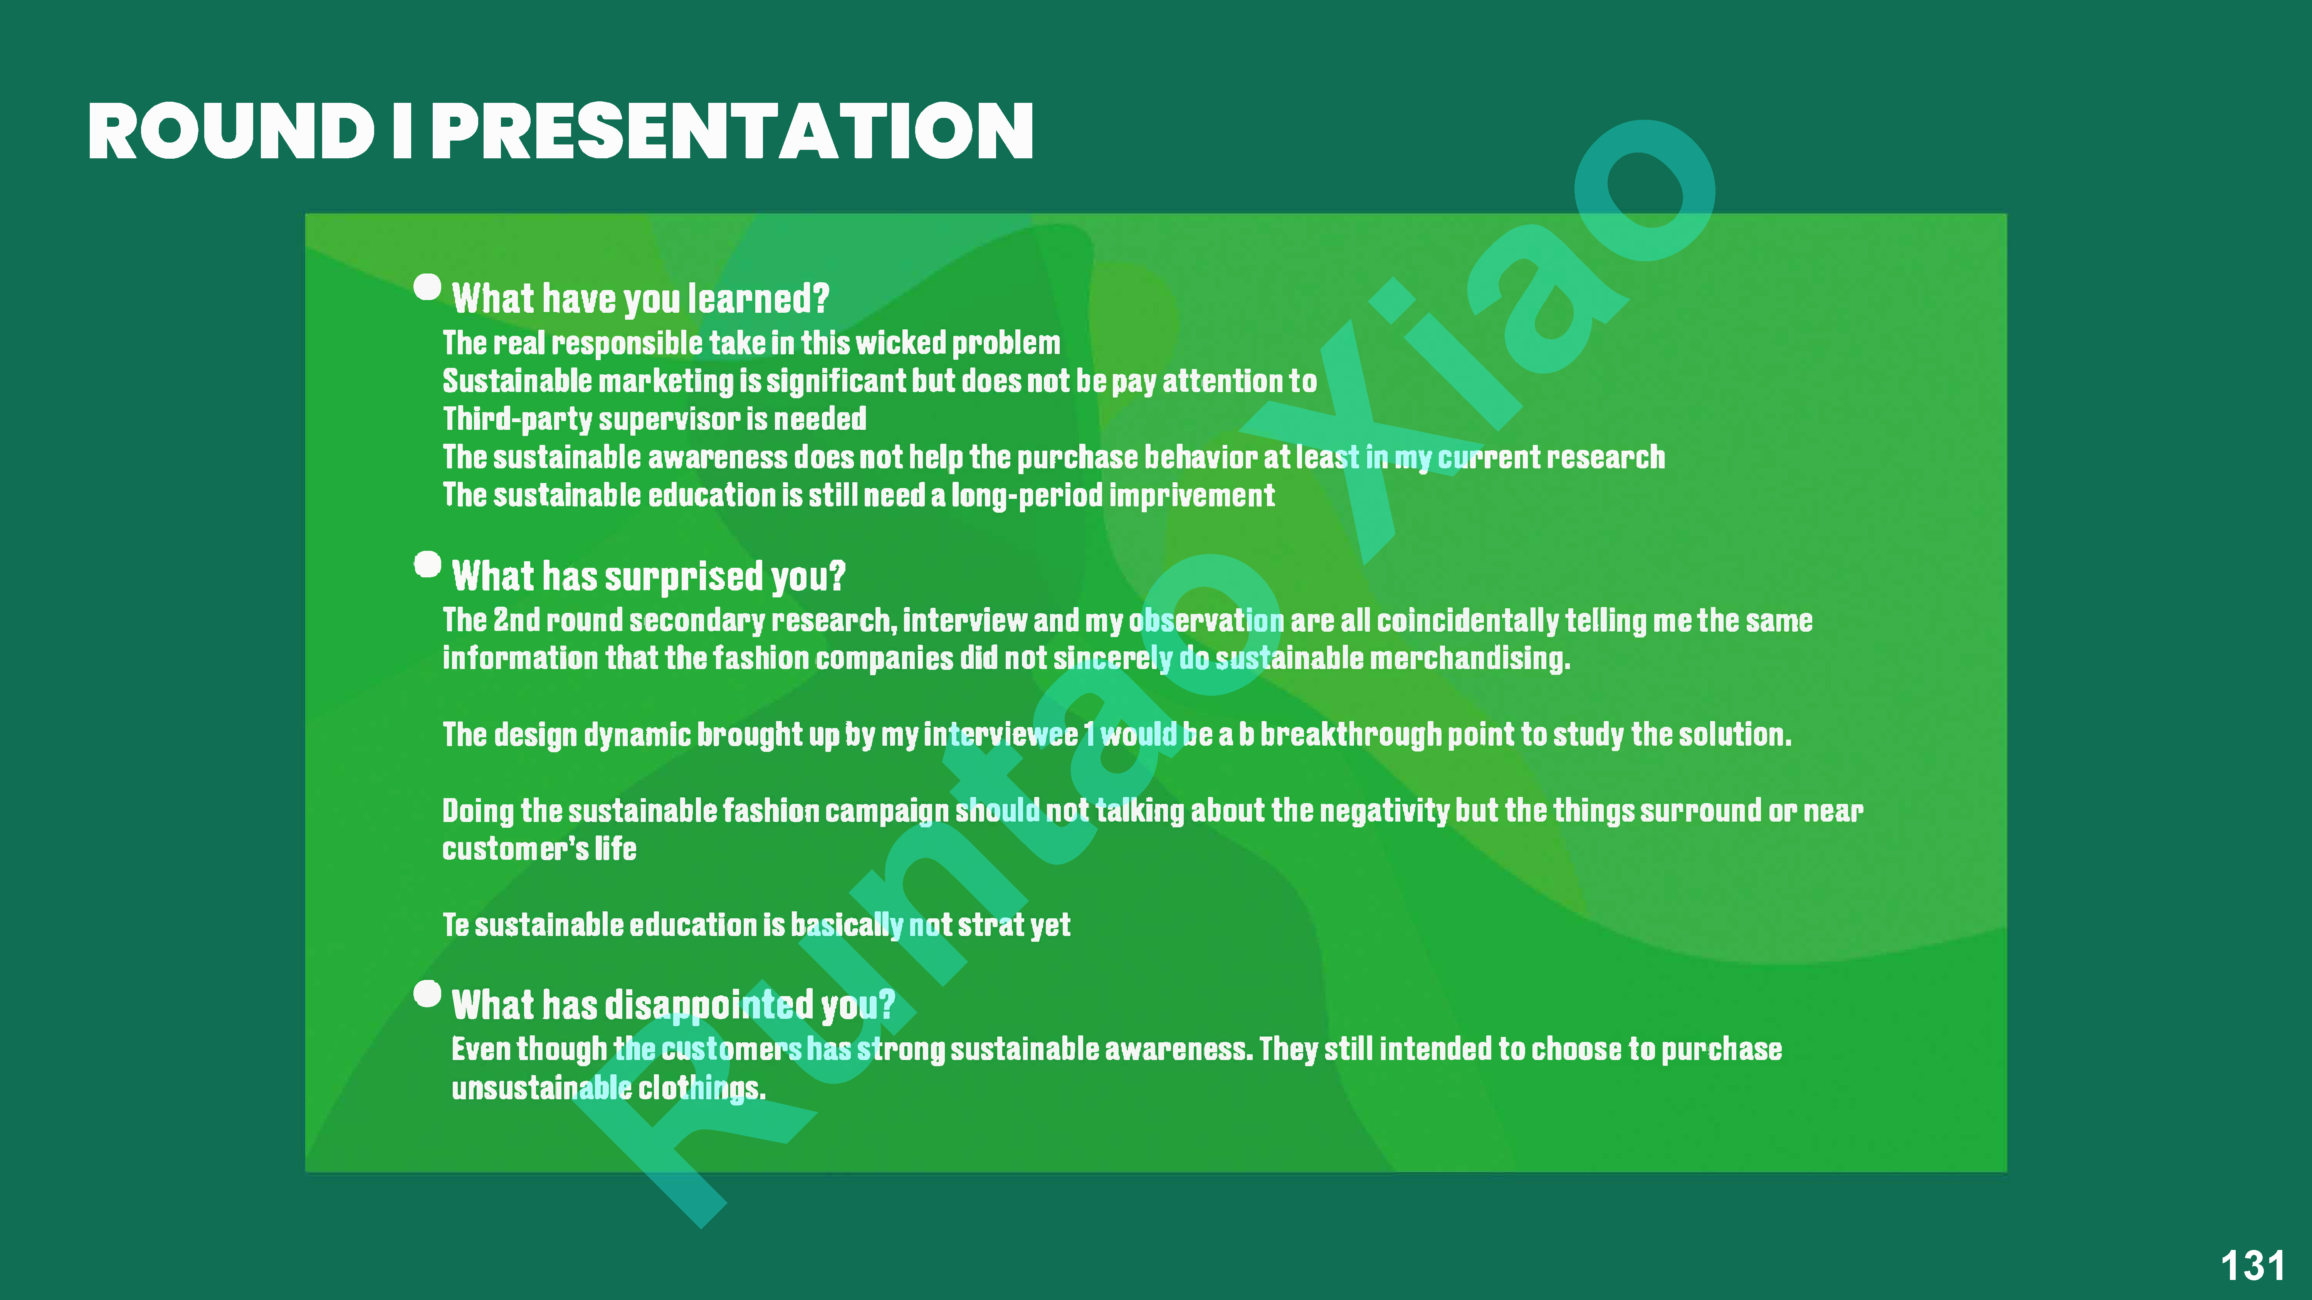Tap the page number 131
point(2252,1266)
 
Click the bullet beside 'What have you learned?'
point(427,287)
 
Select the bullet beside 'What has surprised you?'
point(427,564)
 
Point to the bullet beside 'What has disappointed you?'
point(427,993)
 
